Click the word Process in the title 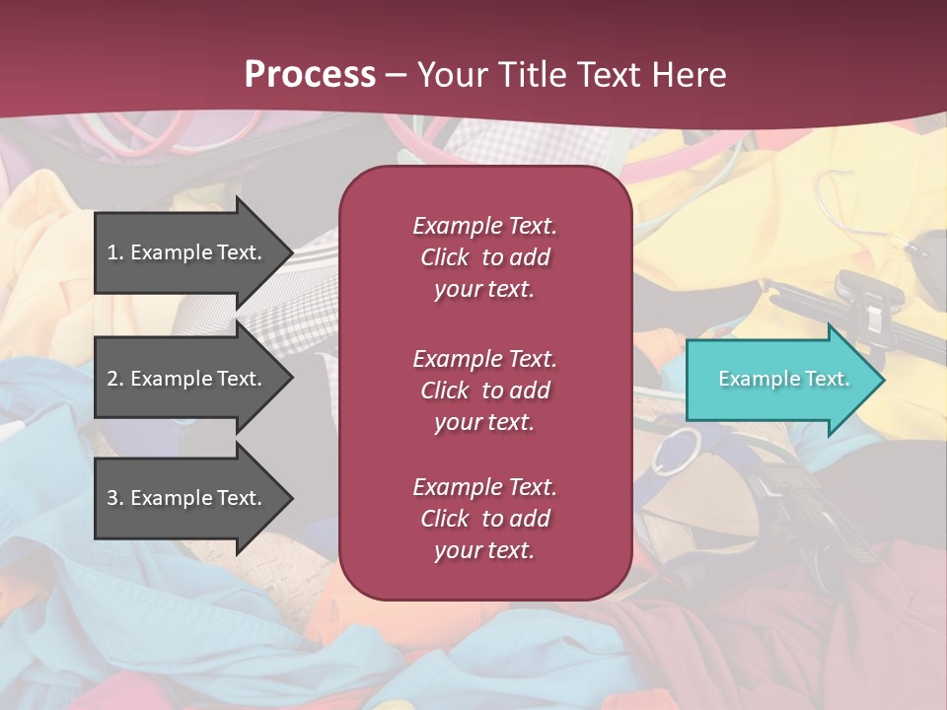tap(310, 75)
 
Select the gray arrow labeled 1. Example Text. tap(187, 252)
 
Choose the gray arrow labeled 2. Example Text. tap(187, 379)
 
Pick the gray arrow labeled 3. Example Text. tap(187, 498)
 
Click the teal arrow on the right tap(779, 380)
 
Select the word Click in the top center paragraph tap(444, 257)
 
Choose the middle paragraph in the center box tap(484, 390)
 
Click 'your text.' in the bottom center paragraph tap(484, 550)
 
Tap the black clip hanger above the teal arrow tap(868, 306)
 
